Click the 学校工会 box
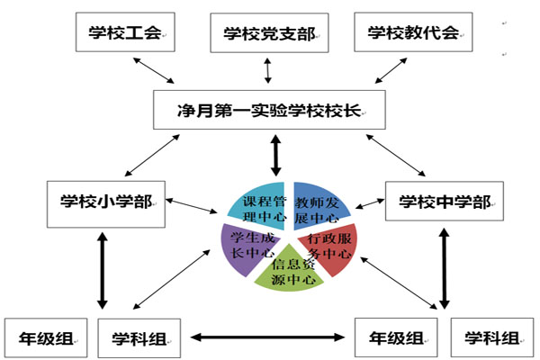point(125,32)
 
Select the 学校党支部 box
point(269,33)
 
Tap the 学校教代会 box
point(413,32)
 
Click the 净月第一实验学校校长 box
point(269,110)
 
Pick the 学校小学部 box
point(106,204)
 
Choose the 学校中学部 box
point(445,201)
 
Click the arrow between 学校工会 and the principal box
point(154,70)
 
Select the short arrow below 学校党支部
point(267,70)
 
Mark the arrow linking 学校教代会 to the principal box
point(391,70)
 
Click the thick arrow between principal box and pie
point(275,156)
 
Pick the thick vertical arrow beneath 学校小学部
point(102,271)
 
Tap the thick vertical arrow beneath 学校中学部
point(445,268)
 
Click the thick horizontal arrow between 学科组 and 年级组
point(267,337)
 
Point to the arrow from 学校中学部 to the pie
point(370,203)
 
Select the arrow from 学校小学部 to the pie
point(192,206)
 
